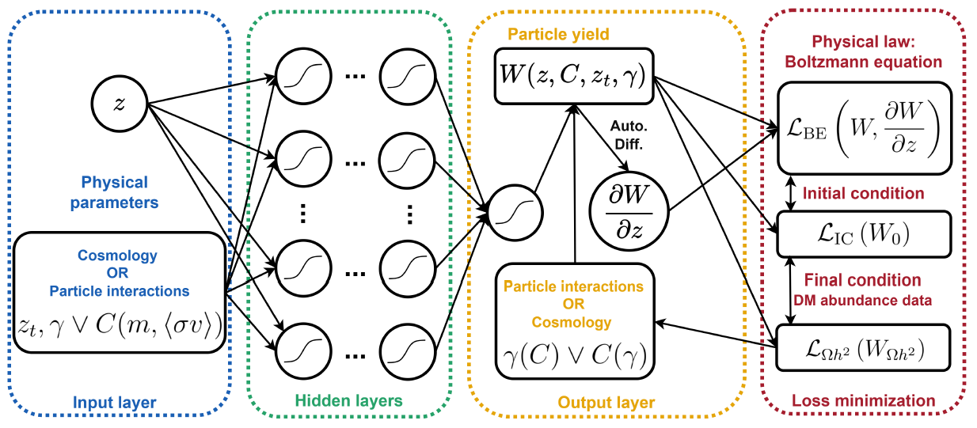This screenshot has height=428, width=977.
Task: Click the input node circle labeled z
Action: [x=119, y=104]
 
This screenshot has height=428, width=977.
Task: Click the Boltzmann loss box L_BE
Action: [x=862, y=127]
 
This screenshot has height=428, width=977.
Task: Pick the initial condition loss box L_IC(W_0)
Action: [x=862, y=234]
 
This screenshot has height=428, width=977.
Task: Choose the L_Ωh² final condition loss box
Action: [x=862, y=347]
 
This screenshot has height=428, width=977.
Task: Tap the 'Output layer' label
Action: [x=606, y=403]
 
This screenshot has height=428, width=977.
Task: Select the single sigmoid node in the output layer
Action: [x=516, y=211]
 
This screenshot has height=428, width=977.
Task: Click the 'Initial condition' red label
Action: [x=863, y=193]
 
